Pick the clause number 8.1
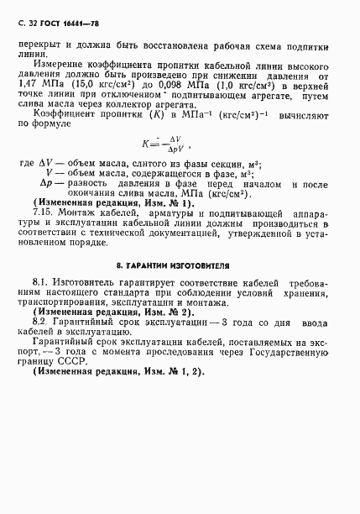point(39,286)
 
